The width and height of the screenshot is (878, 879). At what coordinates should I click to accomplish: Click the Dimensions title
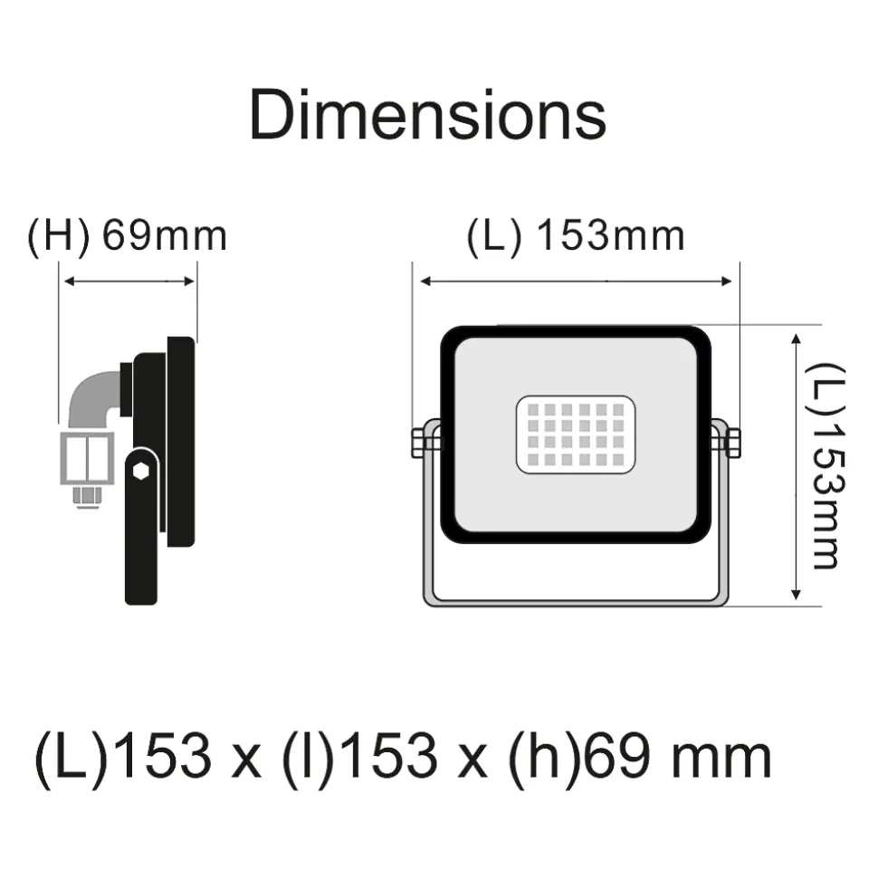[x=427, y=115]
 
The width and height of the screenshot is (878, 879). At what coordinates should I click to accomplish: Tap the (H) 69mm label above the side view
[x=128, y=235]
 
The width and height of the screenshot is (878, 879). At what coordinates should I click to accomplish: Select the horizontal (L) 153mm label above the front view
[x=576, y=235]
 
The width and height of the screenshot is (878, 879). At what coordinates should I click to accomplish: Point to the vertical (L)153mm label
[x=825, y=466]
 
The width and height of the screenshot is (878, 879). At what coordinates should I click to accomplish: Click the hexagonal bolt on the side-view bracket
[x=140, y=472]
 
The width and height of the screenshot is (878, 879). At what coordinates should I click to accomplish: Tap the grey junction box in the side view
[x=88, y=458]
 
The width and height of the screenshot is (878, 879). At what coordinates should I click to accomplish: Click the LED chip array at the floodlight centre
[x=576, y=435]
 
